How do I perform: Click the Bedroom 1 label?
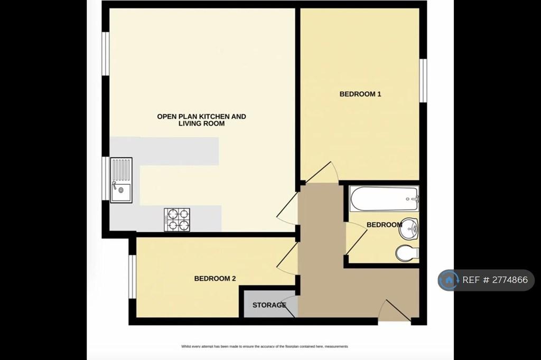click(360, 94)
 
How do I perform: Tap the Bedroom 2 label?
click(215, 278)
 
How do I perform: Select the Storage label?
click(269, 305)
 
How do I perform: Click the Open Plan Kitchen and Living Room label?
click(201, 120)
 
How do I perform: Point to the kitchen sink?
click(121, 180)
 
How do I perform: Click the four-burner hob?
click(176, 220)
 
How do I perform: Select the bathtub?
click(384, 198)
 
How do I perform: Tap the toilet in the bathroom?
click(407, 253)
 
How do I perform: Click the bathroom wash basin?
click(408, 228)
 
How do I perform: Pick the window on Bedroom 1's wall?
click(423, 80)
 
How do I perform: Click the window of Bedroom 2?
click(133, 277)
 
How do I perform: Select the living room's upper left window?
click(106, 53)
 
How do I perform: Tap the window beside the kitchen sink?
click(106, 178)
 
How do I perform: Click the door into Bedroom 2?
click(287, 259)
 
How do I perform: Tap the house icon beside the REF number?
click(449, 280)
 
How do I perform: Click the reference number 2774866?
click(510, 280)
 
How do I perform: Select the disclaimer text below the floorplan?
click(265, 346)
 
